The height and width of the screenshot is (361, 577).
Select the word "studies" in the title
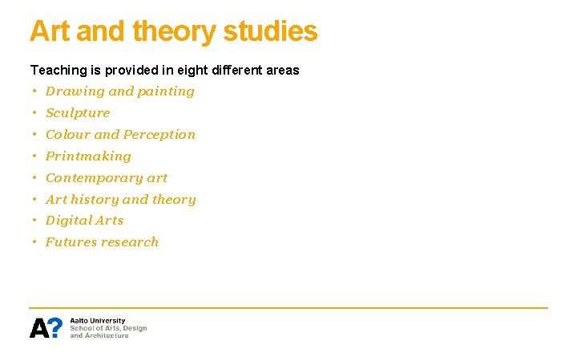pyautogui.click(x=270, y=32)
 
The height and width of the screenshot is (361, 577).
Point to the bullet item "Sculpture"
pyautogui.click(x=78, y=113)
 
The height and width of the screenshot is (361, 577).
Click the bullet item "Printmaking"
pyautogui.click(x=88, y=156)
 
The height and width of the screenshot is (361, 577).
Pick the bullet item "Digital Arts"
pyautogui.click(x=84, y=221)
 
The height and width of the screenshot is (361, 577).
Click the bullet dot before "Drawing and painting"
pyautogui.click(x=35, y=91)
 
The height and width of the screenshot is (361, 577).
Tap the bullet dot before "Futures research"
pyautogui.click(x=35, y=242)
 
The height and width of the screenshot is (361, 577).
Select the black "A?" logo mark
pyautogui.click(x=46, y=328)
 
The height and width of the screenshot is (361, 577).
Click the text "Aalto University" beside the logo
pyautogui.click(x=98, y=321)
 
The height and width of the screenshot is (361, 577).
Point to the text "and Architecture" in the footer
pyautogui.click(x=99, y=335)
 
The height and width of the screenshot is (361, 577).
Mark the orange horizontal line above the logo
pyautogui.click(x=288, y=307)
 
